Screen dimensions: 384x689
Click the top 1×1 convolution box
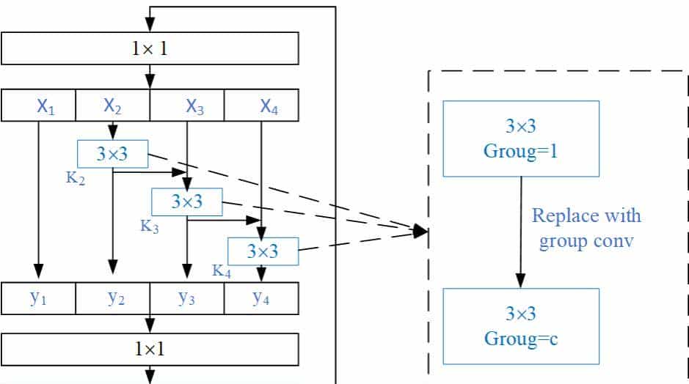click(x=150, y=48)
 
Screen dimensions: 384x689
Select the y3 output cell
click(x=187, y=298)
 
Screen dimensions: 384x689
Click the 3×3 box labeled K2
click(x=112, y=153)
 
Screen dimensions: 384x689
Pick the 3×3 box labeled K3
click(x=186, y=202)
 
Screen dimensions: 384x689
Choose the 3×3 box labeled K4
click(x=263, y=251)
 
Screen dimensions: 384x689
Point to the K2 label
click(x=76, y=178)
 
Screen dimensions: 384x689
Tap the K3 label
click(x=150, y=226)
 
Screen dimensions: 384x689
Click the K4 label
click(x=222, y=271)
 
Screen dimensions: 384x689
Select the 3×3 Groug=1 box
click(x=521, y=139)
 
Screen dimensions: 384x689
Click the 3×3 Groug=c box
click(x=521, y=326)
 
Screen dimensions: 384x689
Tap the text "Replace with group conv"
click(x=586, y=228)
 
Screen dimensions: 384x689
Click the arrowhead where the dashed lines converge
click(x=420, y=232)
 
